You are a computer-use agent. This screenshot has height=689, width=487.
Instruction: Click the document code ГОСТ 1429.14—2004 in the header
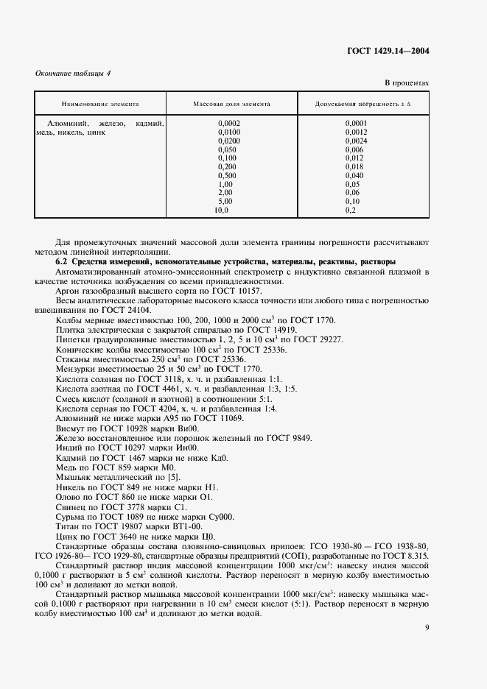(389, 51)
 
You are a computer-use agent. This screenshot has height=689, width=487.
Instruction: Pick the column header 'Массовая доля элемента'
(231, 105)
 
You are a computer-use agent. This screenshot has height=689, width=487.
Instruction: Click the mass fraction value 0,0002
(229, 123)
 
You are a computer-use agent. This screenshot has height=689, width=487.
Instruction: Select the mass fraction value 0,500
(227, 175)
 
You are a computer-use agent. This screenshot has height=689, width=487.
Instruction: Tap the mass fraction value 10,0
(222, 211)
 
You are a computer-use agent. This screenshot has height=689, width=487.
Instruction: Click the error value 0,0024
(356, 141)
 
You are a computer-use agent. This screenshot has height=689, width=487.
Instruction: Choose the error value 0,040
(354, 175)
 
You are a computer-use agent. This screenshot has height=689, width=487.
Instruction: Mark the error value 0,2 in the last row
(350, 211)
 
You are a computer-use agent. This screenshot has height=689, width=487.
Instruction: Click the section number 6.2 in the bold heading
(62, 261)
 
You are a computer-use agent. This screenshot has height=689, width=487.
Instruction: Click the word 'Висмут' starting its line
(71, 428)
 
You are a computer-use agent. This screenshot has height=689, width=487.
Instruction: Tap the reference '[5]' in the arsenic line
(170, 476)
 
